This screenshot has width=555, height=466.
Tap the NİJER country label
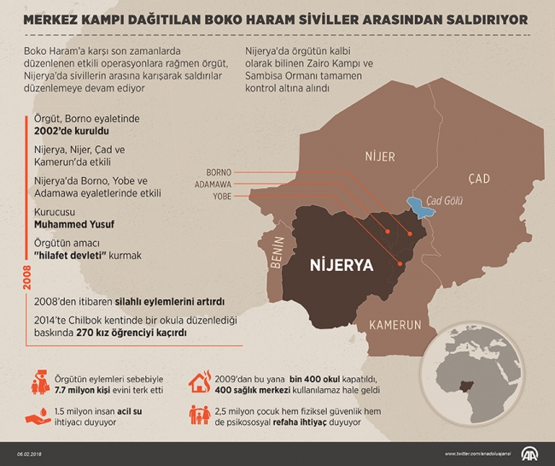(379, 156)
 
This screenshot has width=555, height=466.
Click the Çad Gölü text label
(445, 197)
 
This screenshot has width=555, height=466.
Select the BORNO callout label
(219, 171)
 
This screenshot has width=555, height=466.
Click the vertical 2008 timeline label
(18, 279)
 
